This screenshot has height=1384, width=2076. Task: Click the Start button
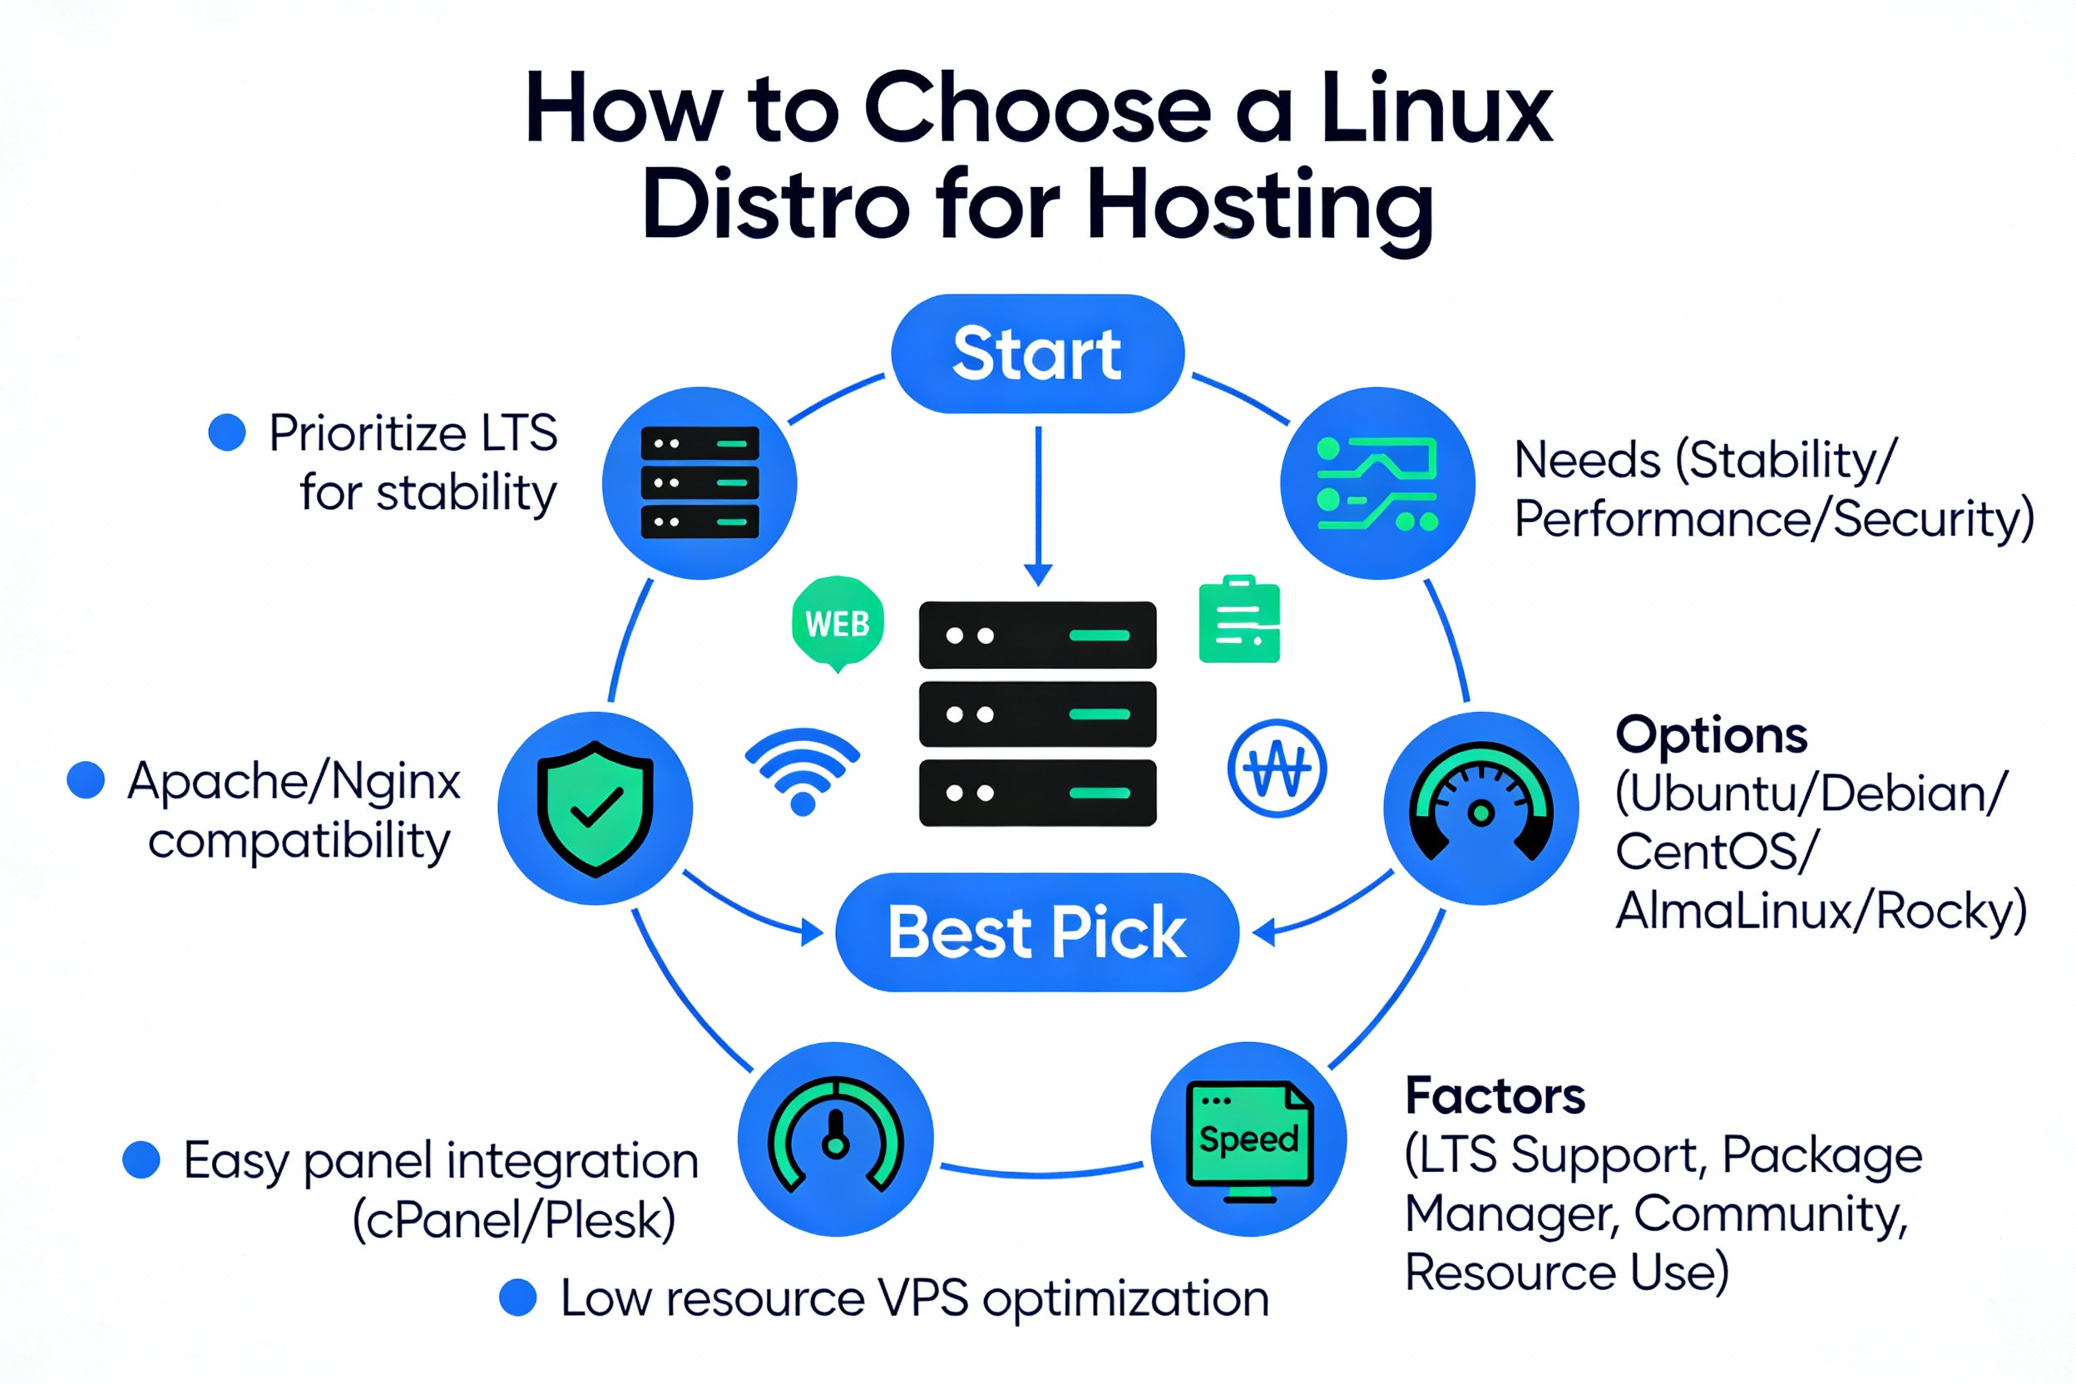point(1037,354)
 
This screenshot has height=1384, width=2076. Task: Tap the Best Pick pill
point(1037,932)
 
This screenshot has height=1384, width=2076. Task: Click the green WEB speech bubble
point(838,622)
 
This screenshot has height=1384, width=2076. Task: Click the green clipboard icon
point(1239,620)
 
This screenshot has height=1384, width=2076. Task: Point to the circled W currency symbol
point(1277,768)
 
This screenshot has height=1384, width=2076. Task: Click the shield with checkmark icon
point(596,808)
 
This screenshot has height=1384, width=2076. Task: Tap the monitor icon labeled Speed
point(1249,1139)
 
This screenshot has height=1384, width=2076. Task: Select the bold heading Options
point(1711,734)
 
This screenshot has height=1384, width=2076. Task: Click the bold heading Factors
point(1495,1095)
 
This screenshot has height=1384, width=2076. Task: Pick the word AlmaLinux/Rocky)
point(1820,911)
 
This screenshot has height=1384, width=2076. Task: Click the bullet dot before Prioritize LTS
point(227,432)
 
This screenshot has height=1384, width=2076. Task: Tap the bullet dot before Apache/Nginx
point(86,780)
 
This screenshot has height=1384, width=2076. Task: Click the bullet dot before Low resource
point(518,1297)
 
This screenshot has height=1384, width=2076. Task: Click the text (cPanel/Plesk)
point(514,1220)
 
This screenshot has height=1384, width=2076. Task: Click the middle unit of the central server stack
point(1037,713)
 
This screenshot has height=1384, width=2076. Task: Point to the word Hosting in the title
point(1259,205)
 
